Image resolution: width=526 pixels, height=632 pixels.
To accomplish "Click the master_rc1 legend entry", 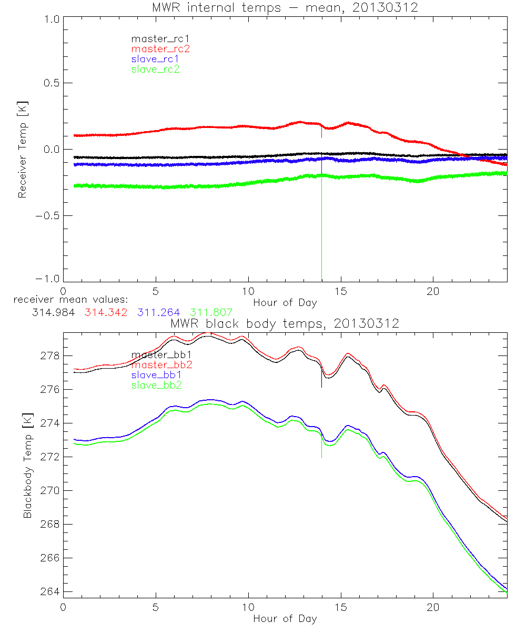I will point(155,38).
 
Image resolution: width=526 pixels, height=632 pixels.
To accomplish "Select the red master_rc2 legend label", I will point(160,48).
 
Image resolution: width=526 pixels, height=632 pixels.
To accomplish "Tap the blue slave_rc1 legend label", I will point(155,59).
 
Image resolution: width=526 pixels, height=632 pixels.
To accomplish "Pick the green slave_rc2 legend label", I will point(155,69).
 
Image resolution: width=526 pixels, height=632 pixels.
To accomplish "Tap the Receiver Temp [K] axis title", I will point(22,150).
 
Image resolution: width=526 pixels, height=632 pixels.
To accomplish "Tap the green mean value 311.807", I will point(211,312).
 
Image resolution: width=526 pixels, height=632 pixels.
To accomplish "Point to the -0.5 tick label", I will point(48,216).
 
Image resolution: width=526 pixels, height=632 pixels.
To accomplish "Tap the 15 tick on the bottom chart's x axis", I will point(341,607).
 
